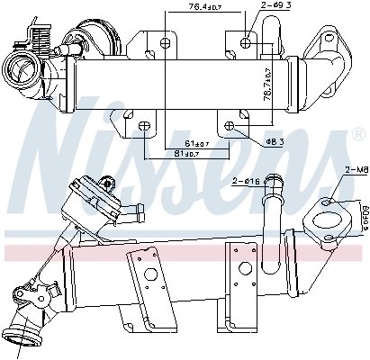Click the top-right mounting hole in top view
[x=247, y=41]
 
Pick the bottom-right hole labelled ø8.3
[x=230, y=125]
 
